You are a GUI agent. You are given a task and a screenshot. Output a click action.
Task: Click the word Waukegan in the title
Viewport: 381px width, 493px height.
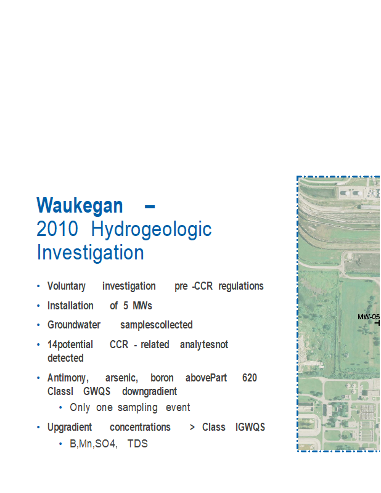pos(80,206)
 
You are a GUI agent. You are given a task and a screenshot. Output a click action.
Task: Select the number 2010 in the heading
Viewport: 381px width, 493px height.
pos(57,229)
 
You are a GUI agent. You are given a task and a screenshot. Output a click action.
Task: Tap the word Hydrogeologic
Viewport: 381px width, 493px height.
pos(151,230)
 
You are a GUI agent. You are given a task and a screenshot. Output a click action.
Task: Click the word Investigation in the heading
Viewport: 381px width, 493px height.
pos(90,253)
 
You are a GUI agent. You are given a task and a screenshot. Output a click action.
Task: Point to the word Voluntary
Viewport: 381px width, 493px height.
pos(67,287)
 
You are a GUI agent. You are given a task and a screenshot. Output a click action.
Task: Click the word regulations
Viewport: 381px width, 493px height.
pos(241,287)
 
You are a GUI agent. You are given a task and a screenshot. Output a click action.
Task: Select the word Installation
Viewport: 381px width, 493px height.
pos(70,306)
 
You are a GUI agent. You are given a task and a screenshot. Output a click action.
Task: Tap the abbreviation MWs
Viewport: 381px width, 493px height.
pos(142,306)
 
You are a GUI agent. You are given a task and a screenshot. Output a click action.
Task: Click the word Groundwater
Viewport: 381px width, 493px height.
pos(74,325)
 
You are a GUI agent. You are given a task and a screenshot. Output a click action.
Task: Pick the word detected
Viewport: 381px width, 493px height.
pos(65,358)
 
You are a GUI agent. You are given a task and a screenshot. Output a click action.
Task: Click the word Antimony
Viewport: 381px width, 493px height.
pos(68,378)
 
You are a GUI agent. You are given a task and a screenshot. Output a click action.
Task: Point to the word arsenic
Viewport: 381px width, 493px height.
pos(121,378)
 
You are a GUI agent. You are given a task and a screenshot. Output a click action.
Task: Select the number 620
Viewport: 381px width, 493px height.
pos(250,378)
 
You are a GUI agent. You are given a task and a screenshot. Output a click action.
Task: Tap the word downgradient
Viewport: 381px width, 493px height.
pos(149,392)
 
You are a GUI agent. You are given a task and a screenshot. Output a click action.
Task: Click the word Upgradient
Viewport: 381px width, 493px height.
pos(70,428)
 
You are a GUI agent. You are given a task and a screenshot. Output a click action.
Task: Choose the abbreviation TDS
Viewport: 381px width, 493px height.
pos(137,444)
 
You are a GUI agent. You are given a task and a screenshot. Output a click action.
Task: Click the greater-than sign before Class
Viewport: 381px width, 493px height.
pos(192,427)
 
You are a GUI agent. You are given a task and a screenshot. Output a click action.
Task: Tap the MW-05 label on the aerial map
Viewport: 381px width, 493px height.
pos(369,317)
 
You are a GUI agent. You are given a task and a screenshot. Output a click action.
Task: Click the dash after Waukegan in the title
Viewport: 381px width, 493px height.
pos(150,206)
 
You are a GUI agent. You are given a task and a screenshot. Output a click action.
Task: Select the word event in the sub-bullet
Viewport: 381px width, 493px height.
pos(178,407)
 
